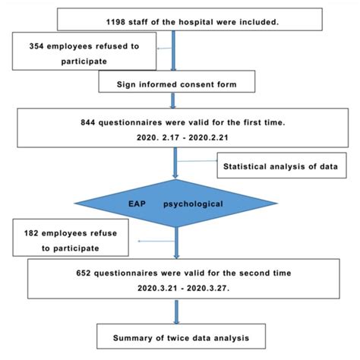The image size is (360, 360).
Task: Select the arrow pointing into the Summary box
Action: point(176,311)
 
